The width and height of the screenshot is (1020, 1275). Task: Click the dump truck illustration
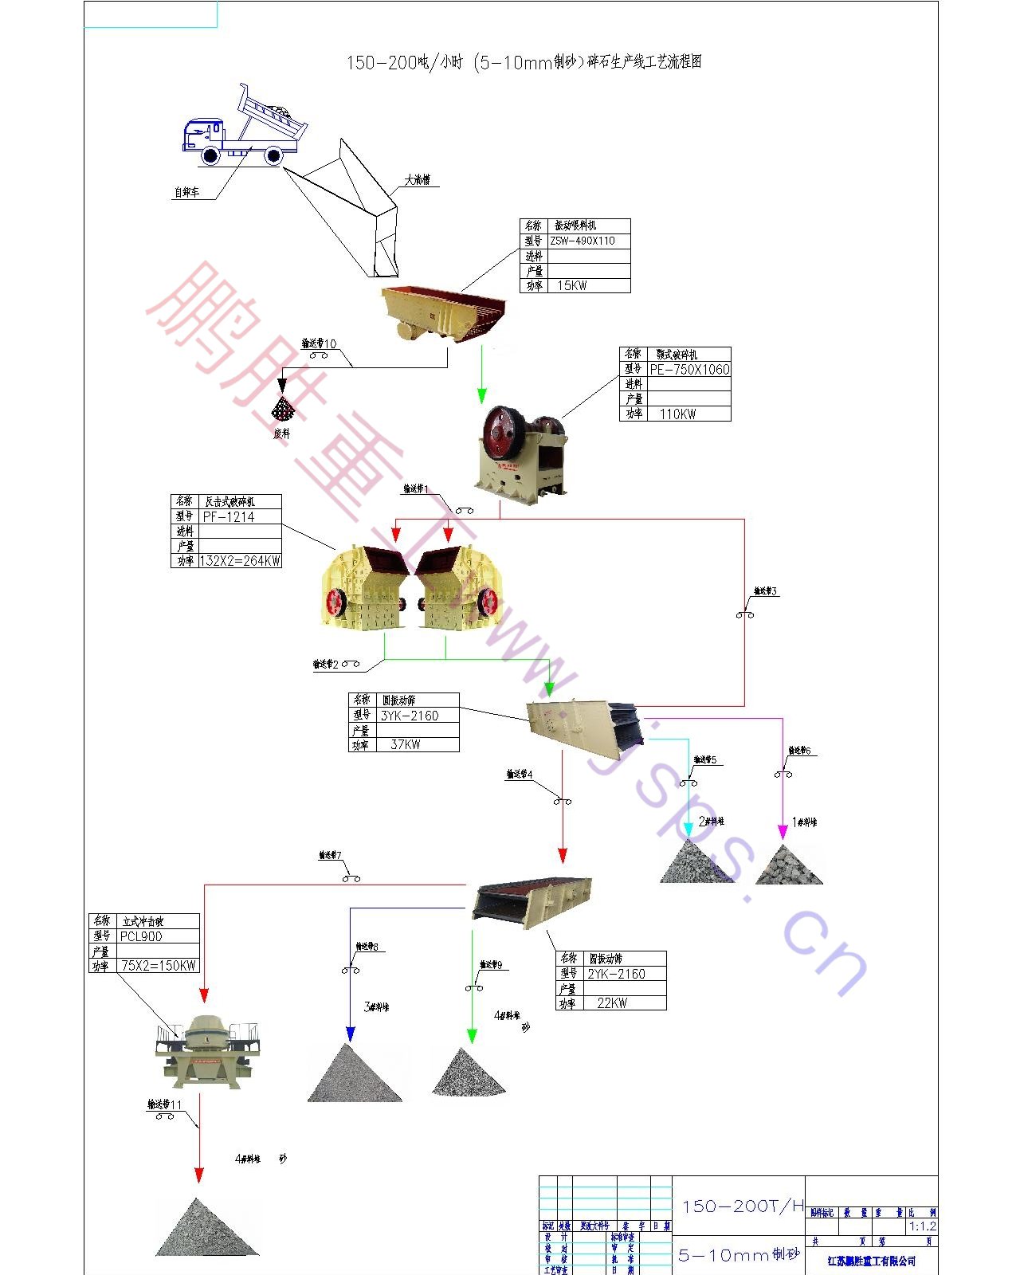[x=243, y=127]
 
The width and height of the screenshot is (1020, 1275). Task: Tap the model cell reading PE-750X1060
[x=689, y=369]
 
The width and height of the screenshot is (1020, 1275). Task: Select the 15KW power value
[x=572, y=285]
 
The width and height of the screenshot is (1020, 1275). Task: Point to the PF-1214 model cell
[x=229, y=516]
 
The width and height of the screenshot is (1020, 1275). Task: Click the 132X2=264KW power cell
[x=240, y=561]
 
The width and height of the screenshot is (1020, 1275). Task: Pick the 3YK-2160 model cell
[x=410, y=716]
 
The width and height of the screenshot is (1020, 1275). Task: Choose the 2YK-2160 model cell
[x=616, y=974]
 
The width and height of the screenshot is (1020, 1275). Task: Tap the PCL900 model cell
[x=141, y=936]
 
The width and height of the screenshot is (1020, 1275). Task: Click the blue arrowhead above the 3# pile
[x=350, y=1034]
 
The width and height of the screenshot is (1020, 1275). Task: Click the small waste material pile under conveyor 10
[x=282, y=410]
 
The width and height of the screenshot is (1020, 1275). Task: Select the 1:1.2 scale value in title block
[x=923, y=1226]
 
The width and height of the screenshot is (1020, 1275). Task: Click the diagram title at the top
[x=524, y=62]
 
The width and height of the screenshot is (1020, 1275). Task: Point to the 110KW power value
[x=677, y=414]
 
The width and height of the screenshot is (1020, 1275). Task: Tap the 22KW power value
[x=612, y=1003]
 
